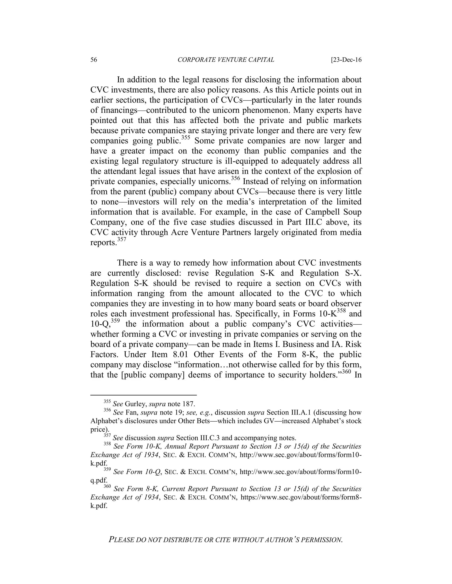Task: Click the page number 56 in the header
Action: [94, 60]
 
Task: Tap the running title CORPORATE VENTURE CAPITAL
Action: [226, 60]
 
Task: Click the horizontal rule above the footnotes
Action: [143, 395]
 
